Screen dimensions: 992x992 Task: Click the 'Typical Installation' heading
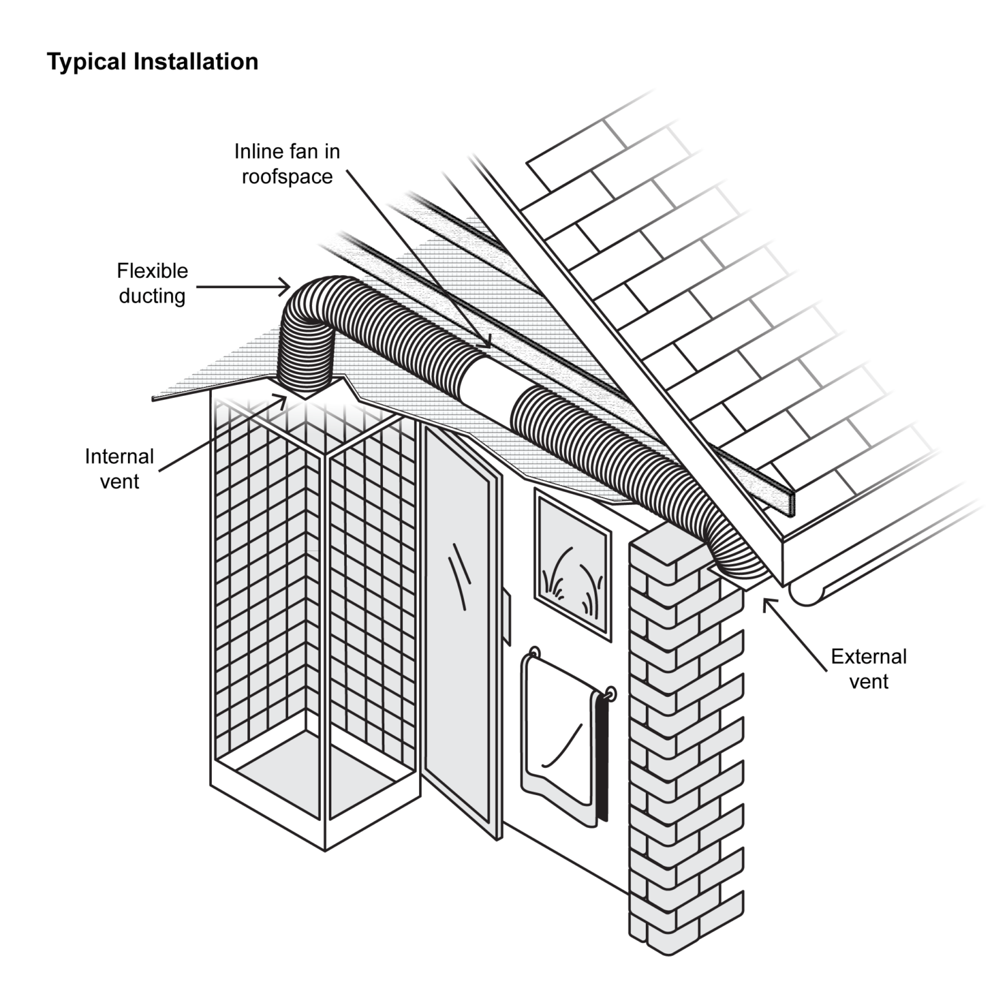152,62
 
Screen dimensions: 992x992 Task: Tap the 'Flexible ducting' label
152,283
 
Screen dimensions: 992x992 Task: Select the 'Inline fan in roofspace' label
287,163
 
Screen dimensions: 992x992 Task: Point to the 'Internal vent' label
119,469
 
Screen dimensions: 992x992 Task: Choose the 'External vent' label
868,668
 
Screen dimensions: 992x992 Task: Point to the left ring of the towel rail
534,652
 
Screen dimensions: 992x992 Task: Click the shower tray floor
323,785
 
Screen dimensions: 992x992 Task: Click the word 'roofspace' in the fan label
287,176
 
